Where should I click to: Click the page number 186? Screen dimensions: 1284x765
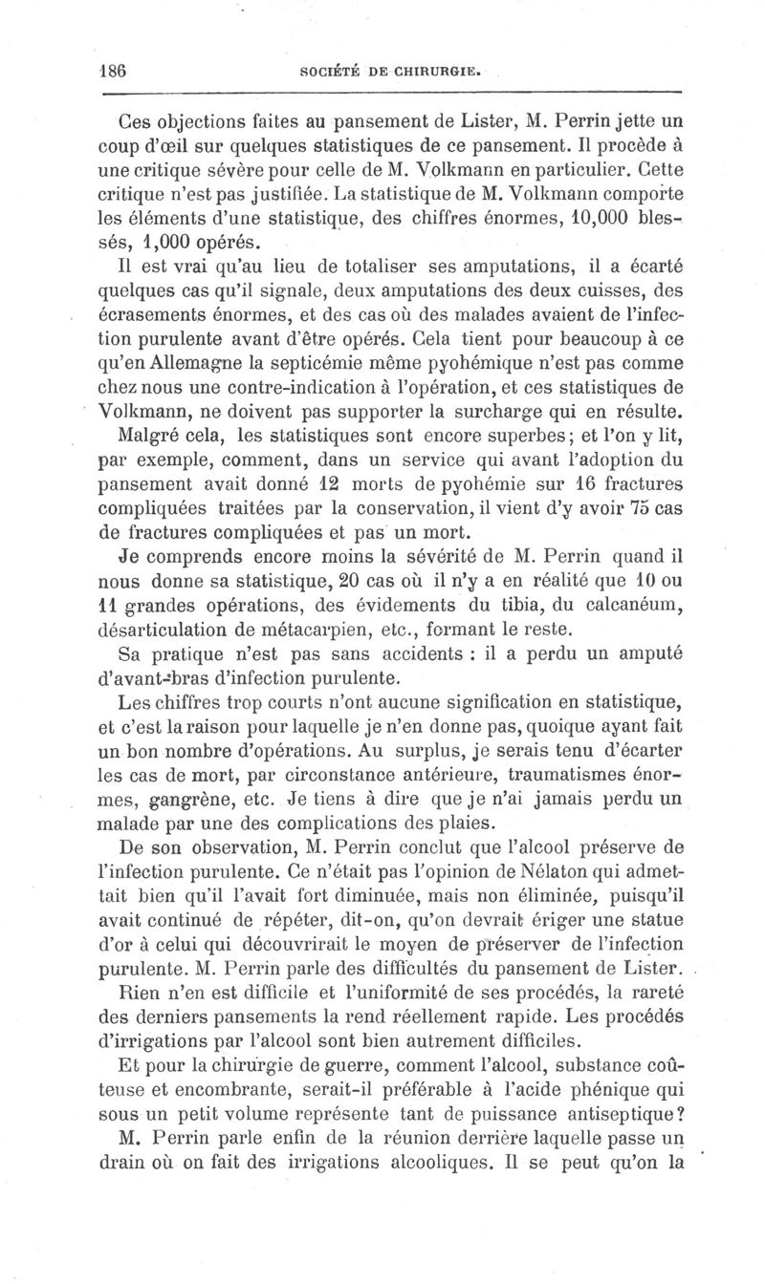(114, 71)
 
